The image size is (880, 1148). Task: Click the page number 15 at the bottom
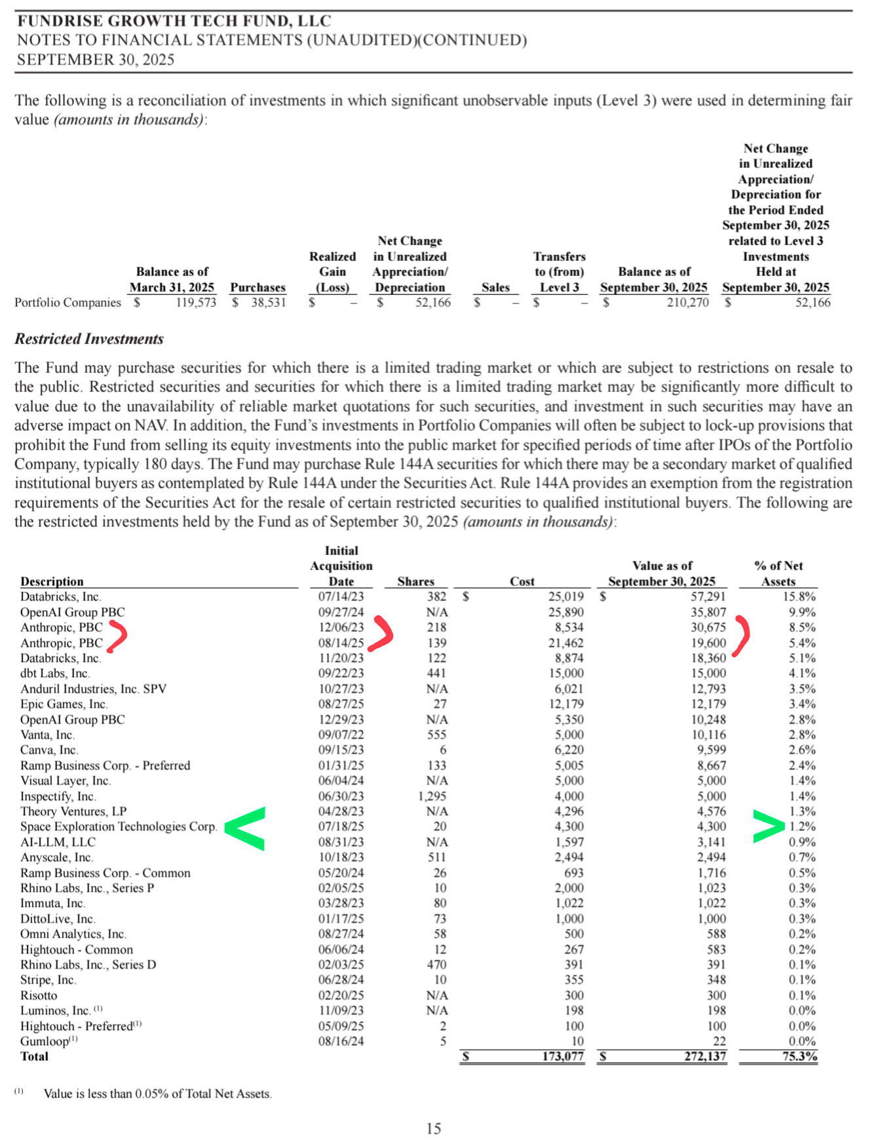[434, 1128]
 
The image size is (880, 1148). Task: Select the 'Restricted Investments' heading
[89, 339]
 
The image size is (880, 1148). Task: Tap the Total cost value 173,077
[562, 1056]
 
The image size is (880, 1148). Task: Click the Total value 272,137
[705, 1056]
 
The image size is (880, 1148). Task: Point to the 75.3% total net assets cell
[799, 1056]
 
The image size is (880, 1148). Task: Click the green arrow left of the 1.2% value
[769, 826]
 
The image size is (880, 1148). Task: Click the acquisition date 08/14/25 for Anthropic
[341, 643]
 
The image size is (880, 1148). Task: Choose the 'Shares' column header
[415, 581]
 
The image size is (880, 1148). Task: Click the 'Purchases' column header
[258, 287]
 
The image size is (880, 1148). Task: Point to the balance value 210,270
[687, 302]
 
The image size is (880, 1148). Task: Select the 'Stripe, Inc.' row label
[48, 980]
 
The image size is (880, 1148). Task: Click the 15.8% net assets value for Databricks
[799, 596]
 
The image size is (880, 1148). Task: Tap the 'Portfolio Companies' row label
[67, 302]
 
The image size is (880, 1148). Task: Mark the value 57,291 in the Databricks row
[708, 596]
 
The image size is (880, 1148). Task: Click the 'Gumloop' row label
[45, 1041]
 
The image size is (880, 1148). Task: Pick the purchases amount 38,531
[268, 302]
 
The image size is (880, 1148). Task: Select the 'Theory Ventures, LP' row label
[73, 811]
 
